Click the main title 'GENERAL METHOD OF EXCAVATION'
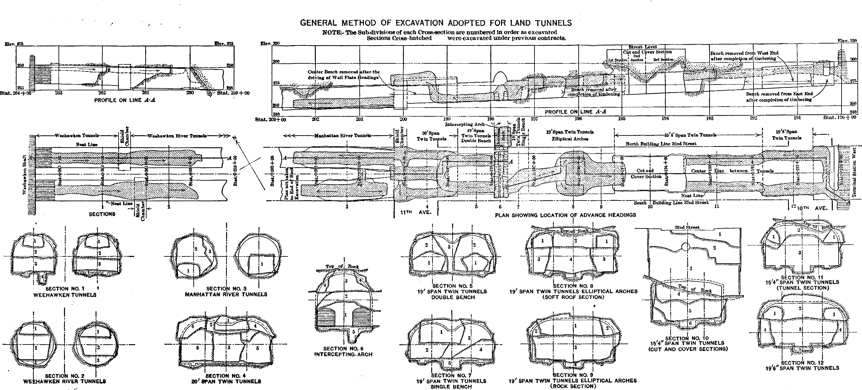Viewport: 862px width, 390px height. pyautogui.click(x=436, y=23)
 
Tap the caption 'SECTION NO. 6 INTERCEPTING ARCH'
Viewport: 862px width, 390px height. pyautogui.click(x=343, y=352)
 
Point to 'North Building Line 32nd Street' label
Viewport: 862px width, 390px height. pyautogui.click(x=661, y=144)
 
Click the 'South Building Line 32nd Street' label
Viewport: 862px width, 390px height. pyautogui.click(x=671, y=203)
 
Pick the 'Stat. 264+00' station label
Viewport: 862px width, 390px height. pyautogui.click(x=15, y=93)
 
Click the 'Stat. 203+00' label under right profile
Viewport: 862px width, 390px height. pyautogui.click(x=266, y=119)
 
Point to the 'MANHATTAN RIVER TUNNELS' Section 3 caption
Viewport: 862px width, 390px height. pyautogui.click(x=226, y=294)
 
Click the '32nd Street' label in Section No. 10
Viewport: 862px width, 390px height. pyautogui.click(x=686, y=227)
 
